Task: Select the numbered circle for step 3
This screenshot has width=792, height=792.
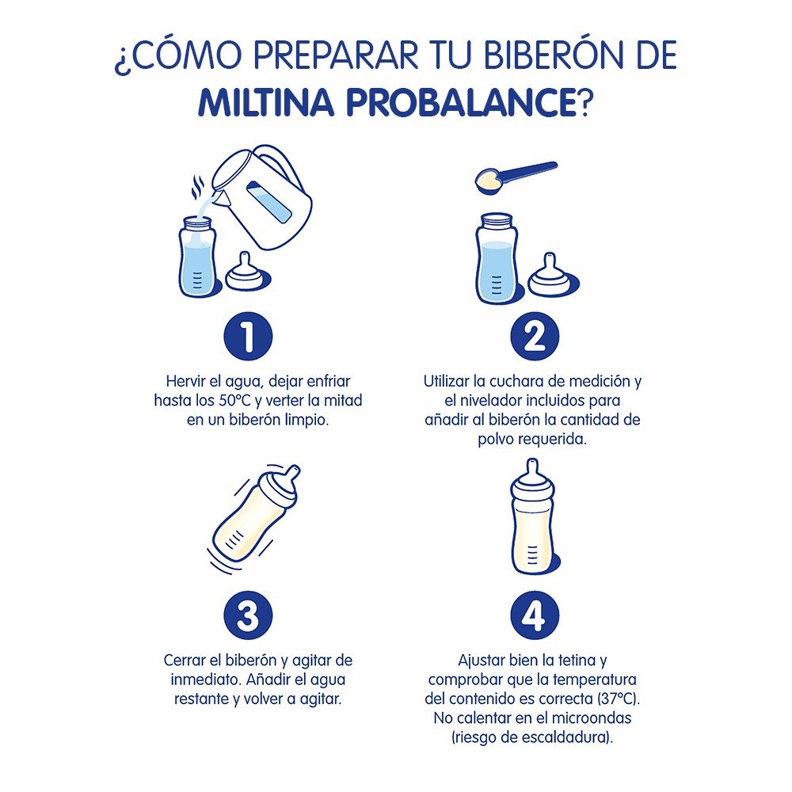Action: tap(249, 615)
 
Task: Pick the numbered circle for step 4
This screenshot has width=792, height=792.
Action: tap(534, 615)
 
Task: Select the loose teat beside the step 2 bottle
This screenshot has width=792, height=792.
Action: tap(550, 276)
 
